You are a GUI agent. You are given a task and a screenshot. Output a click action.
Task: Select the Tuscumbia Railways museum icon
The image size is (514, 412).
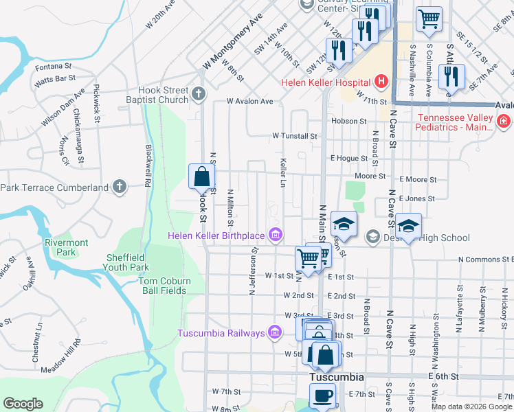275,334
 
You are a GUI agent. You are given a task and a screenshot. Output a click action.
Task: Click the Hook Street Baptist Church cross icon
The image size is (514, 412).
199,94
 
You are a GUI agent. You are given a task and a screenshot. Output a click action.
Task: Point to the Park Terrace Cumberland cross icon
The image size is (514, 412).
120,187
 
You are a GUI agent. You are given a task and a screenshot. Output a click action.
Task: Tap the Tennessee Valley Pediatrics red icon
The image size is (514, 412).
504,122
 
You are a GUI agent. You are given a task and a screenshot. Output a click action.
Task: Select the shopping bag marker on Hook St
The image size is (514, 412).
201,176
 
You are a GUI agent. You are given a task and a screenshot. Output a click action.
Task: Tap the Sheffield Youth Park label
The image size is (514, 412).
127,263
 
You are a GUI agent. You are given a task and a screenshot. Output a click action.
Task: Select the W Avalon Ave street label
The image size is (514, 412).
251,102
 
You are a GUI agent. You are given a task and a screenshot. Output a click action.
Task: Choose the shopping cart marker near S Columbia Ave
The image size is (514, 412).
429,19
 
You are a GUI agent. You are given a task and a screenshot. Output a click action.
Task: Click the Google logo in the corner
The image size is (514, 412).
23,404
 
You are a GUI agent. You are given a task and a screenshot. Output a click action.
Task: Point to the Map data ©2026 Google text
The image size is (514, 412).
471,407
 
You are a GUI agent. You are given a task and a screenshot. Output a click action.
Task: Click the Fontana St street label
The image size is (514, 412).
54,67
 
